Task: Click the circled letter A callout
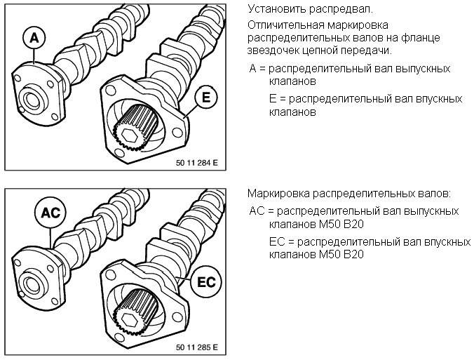34,38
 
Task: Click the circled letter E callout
205,98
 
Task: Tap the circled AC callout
50,213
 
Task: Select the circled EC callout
206,282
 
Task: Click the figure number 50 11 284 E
196,163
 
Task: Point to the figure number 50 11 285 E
196,347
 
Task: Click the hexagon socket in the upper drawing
130,135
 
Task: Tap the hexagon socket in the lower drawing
130,319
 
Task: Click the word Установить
277,9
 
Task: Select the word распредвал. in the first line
341,10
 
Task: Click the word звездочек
273,51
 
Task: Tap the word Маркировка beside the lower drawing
278,194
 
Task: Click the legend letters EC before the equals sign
278,242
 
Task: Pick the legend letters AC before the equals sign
257,211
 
